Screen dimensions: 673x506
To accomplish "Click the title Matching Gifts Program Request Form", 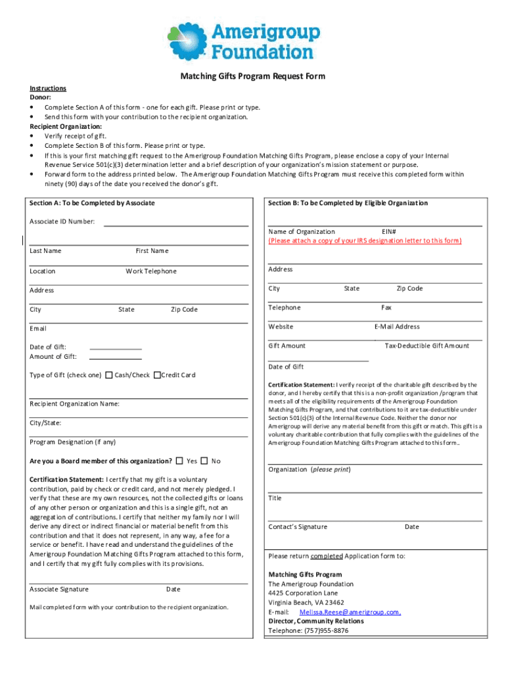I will (x=253, y=76).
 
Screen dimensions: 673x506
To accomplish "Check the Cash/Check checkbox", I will (x=109, y=375).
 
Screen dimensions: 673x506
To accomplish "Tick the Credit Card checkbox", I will (x=157, y=375).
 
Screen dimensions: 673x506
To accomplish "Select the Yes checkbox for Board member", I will (x=180, y=461).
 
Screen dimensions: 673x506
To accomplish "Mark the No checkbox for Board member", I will (x=204, y=461).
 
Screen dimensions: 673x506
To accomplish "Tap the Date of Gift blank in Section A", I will (x=115, y=347).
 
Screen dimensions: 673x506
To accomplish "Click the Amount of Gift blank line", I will (x=115, y=358).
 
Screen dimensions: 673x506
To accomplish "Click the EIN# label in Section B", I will (x=388, y=231).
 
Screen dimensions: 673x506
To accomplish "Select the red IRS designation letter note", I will (x=365, y=241).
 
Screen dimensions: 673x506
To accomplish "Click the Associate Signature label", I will (x=59, y=590).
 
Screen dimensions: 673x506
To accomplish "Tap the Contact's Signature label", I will (x=298, y=527).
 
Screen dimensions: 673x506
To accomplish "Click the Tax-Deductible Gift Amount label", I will (x=427, y=346).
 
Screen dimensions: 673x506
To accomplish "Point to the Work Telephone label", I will (x=151, y=271).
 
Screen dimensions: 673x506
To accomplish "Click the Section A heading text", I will (x=92, y=203).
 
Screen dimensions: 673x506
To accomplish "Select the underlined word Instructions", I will (x=48, y=88).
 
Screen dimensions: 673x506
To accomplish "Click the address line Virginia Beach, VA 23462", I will (x=306, y=603).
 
